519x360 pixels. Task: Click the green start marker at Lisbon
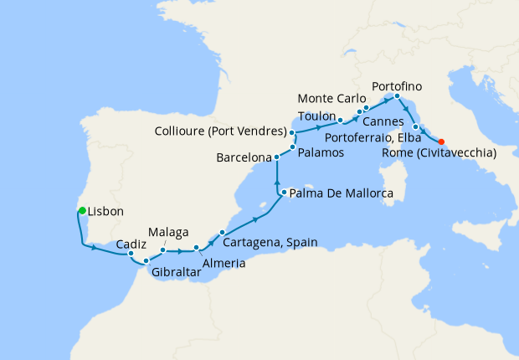point(81,210)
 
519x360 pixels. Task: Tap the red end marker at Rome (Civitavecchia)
point(441,141)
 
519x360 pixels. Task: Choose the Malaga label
point(168,231)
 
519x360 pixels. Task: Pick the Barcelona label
point(244,157)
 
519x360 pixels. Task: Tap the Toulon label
point(316,116)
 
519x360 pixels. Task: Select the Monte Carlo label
point(331,98)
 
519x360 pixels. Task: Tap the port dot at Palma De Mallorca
point(284,193)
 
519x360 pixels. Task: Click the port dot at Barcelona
point(276,157)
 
